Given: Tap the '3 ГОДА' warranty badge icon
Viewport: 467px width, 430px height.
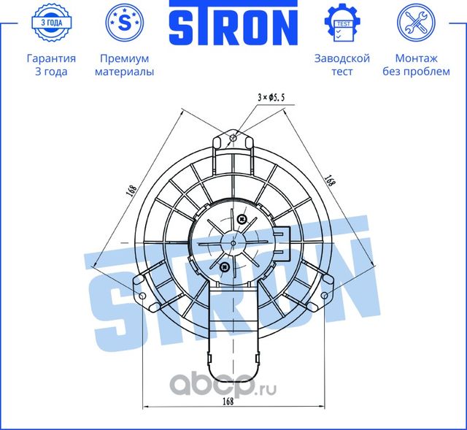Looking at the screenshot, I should [x=51, y=23].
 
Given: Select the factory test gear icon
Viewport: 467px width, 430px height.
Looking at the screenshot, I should [x=341, y=23].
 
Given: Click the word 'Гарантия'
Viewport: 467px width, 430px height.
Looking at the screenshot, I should [x=51, y=58].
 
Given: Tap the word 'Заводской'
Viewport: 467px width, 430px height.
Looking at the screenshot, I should [x=341, y=58].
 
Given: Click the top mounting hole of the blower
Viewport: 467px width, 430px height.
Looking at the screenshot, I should [x=233, y=138].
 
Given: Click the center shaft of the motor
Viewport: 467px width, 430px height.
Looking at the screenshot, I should [x=233, y=241].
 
